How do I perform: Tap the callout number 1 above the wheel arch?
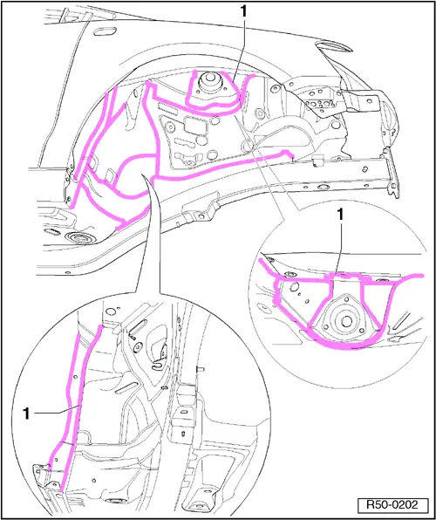tap(243, 12)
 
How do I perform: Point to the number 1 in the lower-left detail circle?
tap(27, 414)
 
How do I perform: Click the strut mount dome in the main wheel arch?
tap(209, 85)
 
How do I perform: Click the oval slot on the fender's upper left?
tap(105, 31)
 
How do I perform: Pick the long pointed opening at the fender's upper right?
tap(334, 47)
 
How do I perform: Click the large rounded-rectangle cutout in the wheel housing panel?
tap(193, 125)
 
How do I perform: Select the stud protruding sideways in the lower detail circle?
tap(201, 369)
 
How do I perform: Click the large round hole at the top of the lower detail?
tap(112, 311)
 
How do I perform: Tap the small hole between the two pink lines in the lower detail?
tap(76, 377)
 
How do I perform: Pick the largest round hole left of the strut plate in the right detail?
tap(294, 287)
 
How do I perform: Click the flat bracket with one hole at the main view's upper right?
tap(360, 102)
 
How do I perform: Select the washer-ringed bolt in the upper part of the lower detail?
tap(136, 348)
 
